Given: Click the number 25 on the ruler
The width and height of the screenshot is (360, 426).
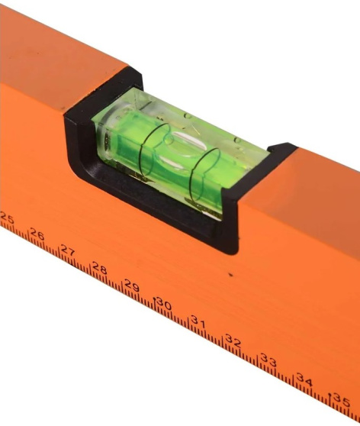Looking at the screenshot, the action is point(7,218).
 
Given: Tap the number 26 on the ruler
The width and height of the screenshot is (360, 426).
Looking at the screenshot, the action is point(37,234).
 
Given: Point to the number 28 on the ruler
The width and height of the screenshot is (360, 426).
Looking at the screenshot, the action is point(99,268).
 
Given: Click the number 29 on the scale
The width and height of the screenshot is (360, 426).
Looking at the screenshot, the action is point(132,285).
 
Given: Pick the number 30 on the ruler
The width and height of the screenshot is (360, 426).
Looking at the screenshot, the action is point(164,304).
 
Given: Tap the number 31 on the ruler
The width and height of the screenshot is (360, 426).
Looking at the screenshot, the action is point(198,321).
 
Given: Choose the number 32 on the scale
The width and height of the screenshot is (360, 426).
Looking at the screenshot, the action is point(233,341).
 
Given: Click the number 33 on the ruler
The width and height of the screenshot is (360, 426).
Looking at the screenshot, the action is point(268,360).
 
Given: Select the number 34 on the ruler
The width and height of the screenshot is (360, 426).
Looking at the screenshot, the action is point(304,380).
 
